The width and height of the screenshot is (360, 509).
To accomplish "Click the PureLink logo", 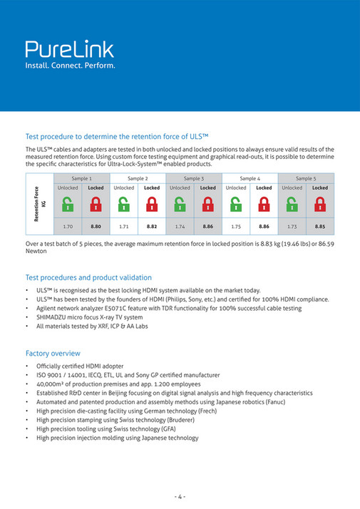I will click(x=70, y=48).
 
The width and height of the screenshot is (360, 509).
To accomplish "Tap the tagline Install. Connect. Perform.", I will click(x=70, y=66).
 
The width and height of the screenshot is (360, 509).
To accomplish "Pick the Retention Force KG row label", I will click(x=39, y=205).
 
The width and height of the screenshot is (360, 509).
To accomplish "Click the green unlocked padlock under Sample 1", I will click(x=68, y=205).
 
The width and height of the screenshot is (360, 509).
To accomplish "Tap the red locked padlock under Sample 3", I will click(x=207, y=205).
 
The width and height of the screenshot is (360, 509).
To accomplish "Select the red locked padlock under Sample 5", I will click(x=320, y=205).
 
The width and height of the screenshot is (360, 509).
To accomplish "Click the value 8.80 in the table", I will click(x=96, y=226).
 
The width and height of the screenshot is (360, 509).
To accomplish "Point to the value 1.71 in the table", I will click(x=123, y=226).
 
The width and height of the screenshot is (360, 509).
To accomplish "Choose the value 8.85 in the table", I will click(x=320, y=226).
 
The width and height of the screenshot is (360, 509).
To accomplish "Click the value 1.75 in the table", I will click(x=236, y=226).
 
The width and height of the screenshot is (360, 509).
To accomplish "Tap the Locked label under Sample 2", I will click(x=152, y=187).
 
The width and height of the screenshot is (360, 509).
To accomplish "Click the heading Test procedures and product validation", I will click(x=88, y=277).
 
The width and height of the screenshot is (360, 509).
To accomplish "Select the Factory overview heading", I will click(x=53, y=353).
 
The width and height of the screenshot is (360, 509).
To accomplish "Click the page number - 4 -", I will click(x=180, y=497).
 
